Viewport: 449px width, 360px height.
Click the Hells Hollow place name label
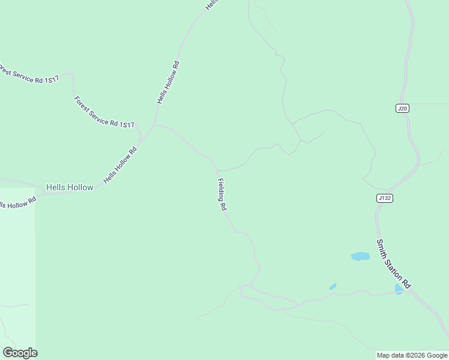[70, 187]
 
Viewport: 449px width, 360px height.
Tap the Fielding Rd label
[221, 194]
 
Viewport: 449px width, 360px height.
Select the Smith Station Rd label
[393, 263]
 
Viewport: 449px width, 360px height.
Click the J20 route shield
[402, 108]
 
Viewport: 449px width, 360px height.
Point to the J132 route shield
[385, 198]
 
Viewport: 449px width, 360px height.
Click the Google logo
[20, 353]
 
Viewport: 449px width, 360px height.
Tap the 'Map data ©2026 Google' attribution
[412, 355]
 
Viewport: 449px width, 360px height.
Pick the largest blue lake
[360, 256]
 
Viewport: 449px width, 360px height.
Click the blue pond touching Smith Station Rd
[399, 289]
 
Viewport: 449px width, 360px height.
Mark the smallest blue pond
[333, 287]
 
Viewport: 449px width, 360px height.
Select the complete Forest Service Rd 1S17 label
[103, 112]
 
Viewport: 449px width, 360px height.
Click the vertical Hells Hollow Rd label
[169, 82]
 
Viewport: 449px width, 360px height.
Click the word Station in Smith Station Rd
[394, 265]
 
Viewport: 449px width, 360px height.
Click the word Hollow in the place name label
[80, 187]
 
